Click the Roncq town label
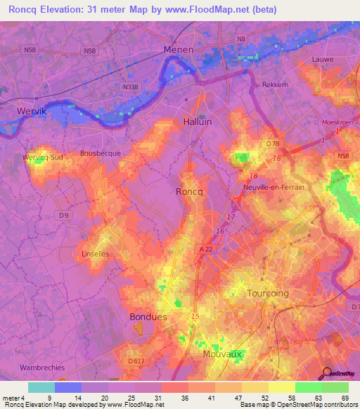tap(188, 190)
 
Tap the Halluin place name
tap(197, 122)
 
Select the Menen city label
tap(178, 50)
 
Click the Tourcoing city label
tap(268, 292)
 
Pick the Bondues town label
tap(148, 317)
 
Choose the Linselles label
tap(96, 254)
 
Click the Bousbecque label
tap(101, 152)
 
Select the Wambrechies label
tap(43, 367)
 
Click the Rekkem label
tap(275, 84)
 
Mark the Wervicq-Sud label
tap(42, 157)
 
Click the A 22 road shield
tap(205, 249)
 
